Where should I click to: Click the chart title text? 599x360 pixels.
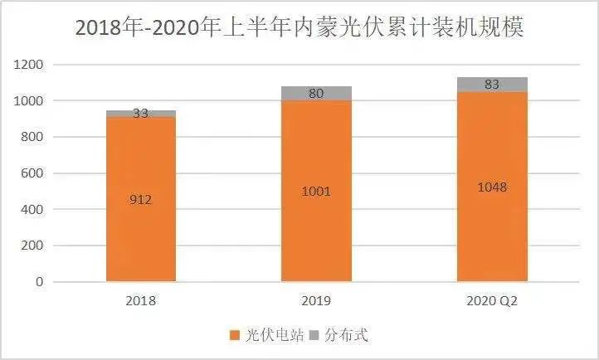pyautogui.click(x=299, y=27)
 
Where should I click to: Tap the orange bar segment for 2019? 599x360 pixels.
pyautogui.click(x=316, y=232)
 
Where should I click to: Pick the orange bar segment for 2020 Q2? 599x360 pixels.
pyautogui.click(x=492, y=232)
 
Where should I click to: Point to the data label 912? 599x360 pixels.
pyautogui.click(x=141, y=198)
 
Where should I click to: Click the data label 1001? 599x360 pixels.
pyautogui.click(x=316, y=192)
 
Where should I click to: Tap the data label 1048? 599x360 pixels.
pyautogui.click(x=492, y=187)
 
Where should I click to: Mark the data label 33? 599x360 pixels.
pyautogui.click(x=141, y=114)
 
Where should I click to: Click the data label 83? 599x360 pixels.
pyautogui.click(x=492, y=84)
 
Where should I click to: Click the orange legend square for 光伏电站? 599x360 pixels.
pyautogui.click(x=235, y=335)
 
